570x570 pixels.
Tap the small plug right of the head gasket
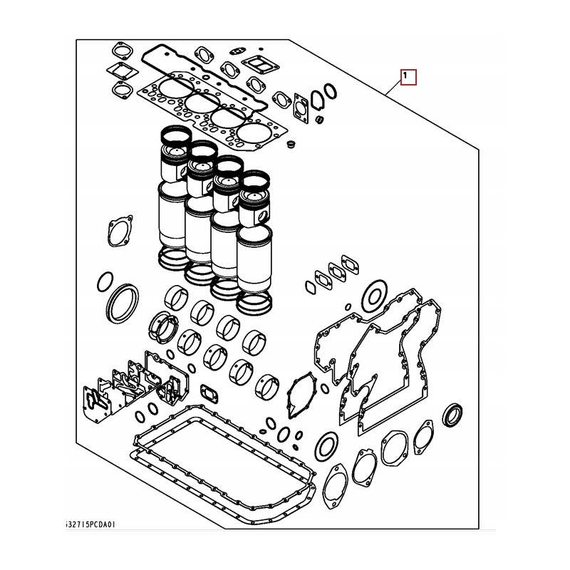click(x=290, y=145)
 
